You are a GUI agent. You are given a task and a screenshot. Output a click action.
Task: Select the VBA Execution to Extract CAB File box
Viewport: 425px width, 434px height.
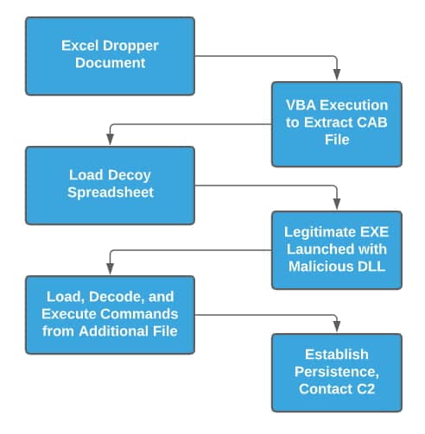(336, 123)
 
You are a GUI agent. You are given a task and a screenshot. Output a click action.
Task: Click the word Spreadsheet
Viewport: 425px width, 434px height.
(111, 192)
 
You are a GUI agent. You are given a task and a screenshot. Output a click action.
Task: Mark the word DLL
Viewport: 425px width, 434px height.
(371, 266)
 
